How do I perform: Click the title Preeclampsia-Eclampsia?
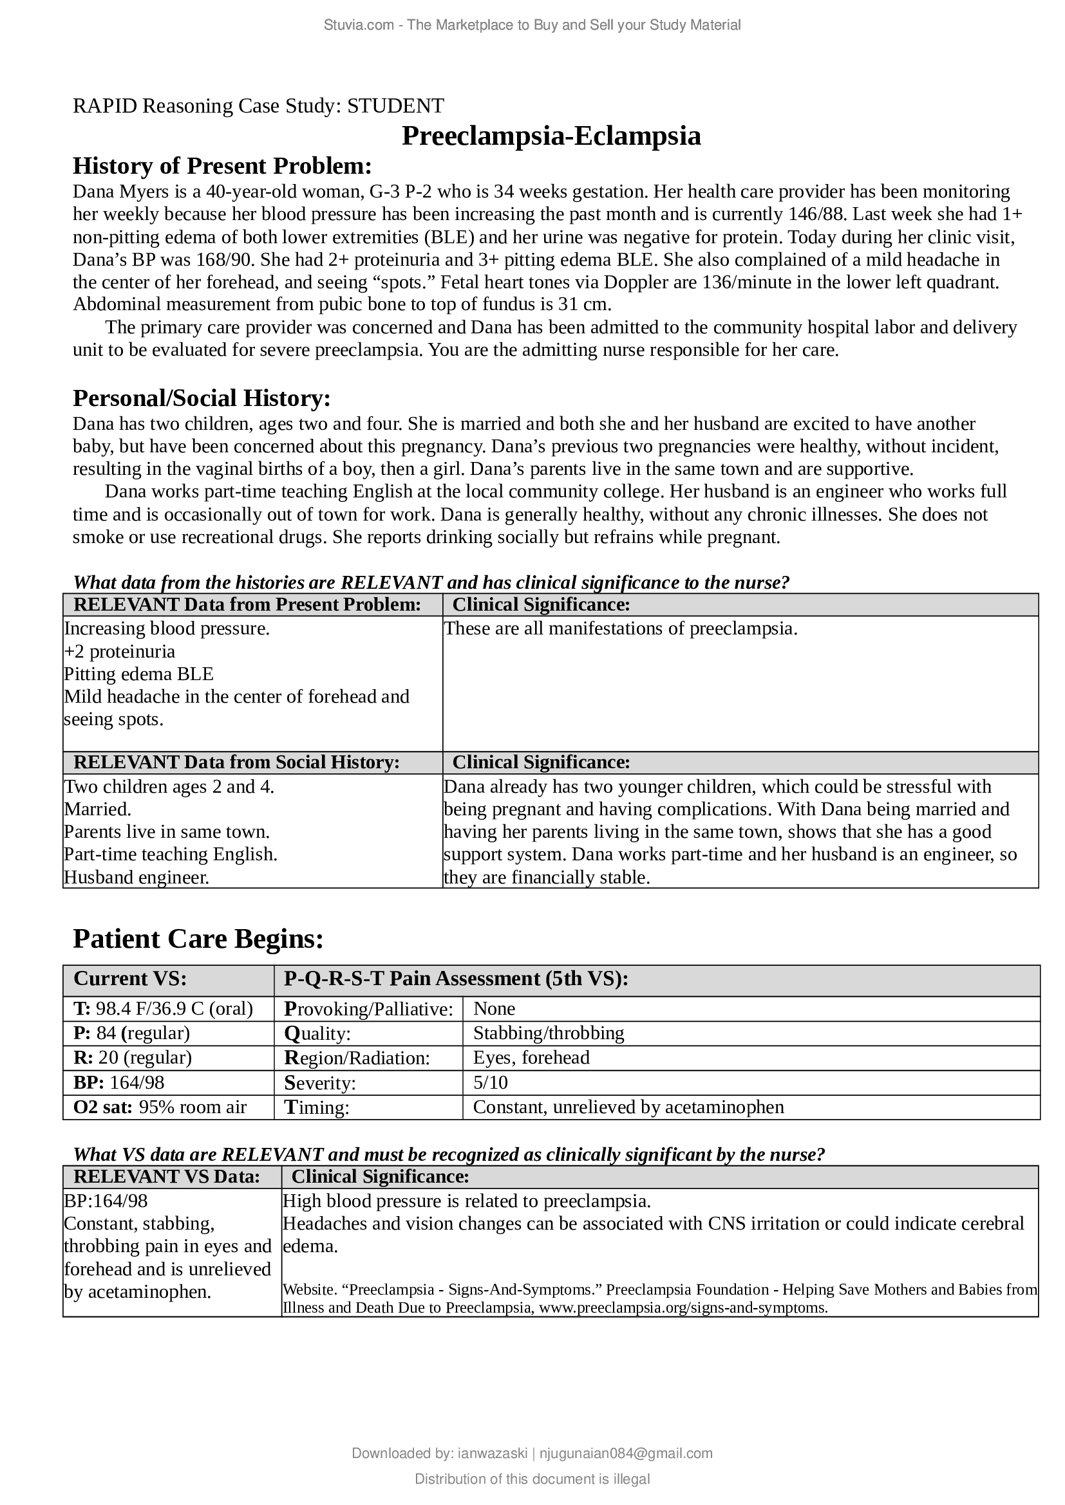pos(551,136)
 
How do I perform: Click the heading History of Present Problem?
pos(222,167)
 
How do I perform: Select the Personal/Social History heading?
pos(202,398)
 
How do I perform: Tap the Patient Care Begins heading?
pos(198,939)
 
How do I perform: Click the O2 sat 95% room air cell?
pos(160,1107)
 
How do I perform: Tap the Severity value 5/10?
pos(491,1082)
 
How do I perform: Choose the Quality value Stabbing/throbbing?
pos(548,1033)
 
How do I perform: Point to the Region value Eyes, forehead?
pos(531,1057)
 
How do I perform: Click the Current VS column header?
pos(130,979)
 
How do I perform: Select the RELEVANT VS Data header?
pos(167,1177)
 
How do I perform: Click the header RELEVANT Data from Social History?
pos(236,762)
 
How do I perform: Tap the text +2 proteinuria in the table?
pos(119,652)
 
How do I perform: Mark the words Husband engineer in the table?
pos(137,877)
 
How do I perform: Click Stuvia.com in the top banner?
pos(358,25)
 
